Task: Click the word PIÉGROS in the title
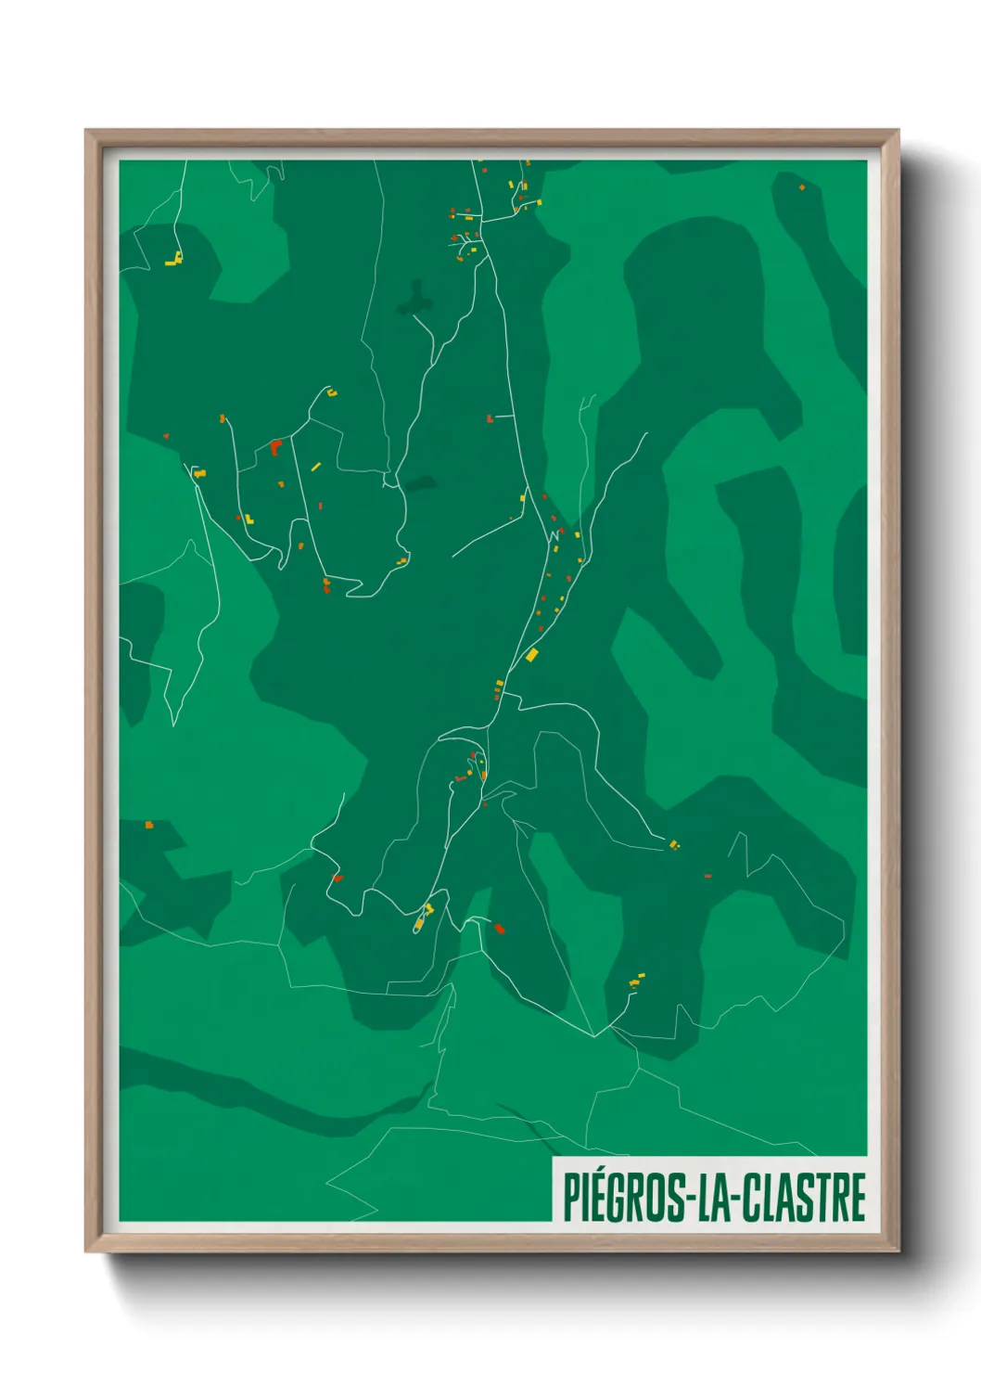click(622, 1198)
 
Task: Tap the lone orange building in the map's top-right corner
click(802, 187)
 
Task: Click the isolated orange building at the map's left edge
click(148, 824)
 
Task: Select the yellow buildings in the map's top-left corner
click(173, 260)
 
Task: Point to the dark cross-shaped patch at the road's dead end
click(416, 298)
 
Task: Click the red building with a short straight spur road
click(490, 419)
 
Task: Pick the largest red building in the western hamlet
click(275, 447)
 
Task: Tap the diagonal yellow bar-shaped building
click(315, 467)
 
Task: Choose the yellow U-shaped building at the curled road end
click(332, 393)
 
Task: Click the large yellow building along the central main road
click(531, 655)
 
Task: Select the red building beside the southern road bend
click(499, 928)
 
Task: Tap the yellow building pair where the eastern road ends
click(674, 844)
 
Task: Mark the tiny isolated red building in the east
click(707, 875)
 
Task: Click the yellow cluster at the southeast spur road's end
click(636, 980)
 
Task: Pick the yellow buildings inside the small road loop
click(424, 916)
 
